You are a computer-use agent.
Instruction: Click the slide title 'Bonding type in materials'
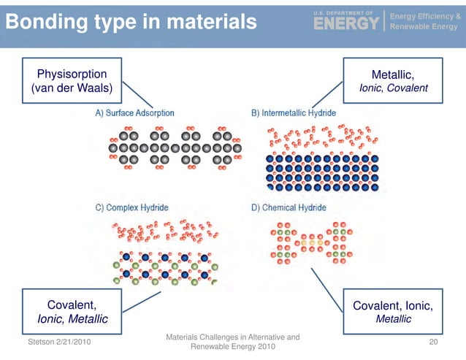[x=132, y=21]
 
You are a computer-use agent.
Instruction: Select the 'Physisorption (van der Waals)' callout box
[x=72, y=81]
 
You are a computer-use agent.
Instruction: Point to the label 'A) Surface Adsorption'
[x=134, y=113]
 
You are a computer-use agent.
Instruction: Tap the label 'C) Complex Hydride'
[x=129, y=207]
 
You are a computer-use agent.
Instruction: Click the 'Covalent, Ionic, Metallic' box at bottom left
[x=72, y=312]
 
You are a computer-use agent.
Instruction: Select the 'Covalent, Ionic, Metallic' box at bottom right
[x=392, y=312]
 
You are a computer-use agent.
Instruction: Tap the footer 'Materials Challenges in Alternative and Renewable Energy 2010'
[x=233, y=342]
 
